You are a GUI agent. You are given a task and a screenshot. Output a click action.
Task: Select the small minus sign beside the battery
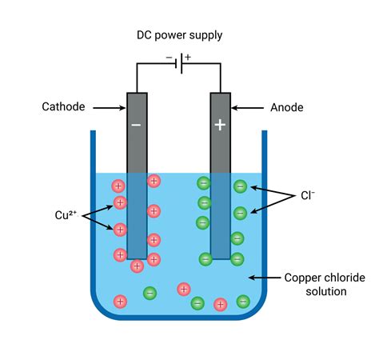pyautogui.click(x=169, y=58)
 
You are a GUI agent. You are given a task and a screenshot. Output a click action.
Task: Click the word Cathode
pyautogui.click(x=64, y=106)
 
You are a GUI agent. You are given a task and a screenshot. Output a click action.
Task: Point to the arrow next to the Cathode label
pyautogui.click(x=107, y=106)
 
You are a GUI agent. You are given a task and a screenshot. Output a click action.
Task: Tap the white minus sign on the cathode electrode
pyautogui.click(x=137, y=125)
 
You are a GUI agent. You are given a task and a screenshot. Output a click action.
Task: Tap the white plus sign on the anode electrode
pyautogui.click(x=220, y=125)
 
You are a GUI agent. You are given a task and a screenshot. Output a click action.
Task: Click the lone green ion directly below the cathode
pyautogui.click(x=150, y=294)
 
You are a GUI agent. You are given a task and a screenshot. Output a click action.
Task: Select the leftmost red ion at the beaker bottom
pyautogui.click(x=120, y=302)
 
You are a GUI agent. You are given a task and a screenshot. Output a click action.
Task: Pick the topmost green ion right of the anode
pyautogui.click(x=239, y=186)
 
